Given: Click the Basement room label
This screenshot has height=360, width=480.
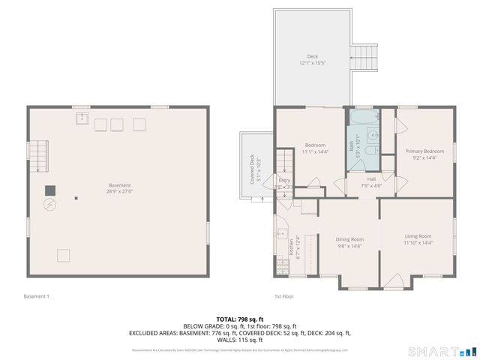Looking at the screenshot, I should coord(119,185).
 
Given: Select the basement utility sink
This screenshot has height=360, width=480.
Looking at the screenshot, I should coord(82,118).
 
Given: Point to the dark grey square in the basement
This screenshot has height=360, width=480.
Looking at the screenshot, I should coord(50,190).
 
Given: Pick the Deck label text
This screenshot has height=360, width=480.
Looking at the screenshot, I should coord(313,57).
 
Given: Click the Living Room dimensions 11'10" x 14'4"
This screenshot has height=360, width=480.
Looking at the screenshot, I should coord(418,242).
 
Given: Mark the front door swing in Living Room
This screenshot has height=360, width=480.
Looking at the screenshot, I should coord(392,282).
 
